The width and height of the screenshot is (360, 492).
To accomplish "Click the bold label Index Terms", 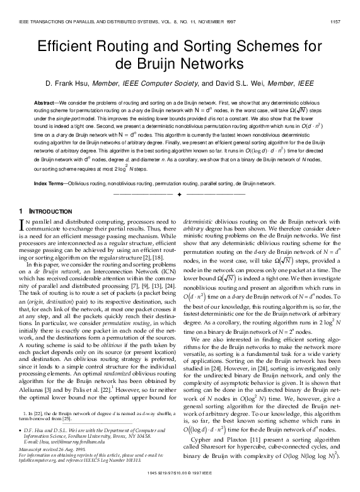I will [x=50, y=183].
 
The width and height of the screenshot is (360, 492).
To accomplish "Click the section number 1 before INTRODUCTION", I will [x=21, y=210].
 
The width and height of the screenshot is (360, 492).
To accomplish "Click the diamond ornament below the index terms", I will [x=180, y=195].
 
